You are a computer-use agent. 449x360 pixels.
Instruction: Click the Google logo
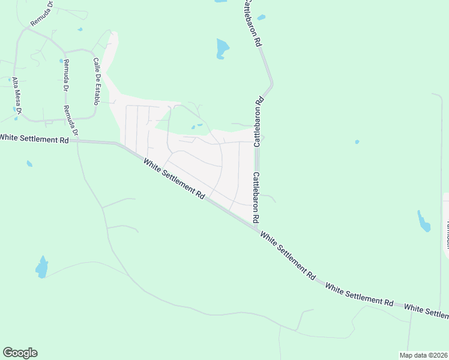20,352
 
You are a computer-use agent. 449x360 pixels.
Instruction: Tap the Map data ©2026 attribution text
423,355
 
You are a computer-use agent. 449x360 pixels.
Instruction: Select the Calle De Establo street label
97,82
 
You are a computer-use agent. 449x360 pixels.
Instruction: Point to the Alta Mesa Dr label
17,95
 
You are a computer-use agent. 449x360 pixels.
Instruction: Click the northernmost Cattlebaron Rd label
252,23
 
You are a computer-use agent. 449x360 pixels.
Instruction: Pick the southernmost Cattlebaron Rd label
256,198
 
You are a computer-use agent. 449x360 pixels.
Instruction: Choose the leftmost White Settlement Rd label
34,138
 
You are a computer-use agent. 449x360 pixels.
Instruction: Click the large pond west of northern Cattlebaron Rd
223,47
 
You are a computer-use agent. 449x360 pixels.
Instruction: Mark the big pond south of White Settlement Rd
41,267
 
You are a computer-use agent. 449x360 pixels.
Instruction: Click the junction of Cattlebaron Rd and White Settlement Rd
258,227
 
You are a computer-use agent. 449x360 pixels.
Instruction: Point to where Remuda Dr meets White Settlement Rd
77,141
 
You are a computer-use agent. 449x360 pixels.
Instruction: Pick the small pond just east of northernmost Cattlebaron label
261,17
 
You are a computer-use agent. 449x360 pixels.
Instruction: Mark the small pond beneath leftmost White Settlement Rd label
29,163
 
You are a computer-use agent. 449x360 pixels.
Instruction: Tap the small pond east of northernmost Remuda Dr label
80,29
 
